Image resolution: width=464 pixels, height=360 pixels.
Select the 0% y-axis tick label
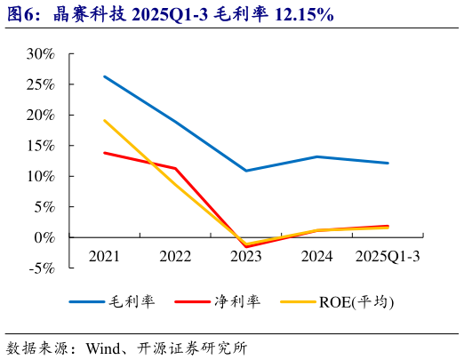45,237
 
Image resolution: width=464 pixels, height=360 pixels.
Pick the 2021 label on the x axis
104,256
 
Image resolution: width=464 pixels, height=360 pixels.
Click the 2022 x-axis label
175,256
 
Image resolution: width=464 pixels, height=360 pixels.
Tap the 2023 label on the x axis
246,256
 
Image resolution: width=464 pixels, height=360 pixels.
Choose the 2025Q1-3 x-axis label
388,256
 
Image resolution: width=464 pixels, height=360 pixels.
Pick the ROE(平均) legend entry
356,301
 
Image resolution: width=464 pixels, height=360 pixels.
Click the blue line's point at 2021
104,76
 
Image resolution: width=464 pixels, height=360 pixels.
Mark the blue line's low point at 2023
246,171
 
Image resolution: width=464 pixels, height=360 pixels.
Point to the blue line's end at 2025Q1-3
388,163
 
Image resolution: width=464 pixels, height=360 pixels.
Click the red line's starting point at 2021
104,153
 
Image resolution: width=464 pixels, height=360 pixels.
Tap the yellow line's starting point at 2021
104,120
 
